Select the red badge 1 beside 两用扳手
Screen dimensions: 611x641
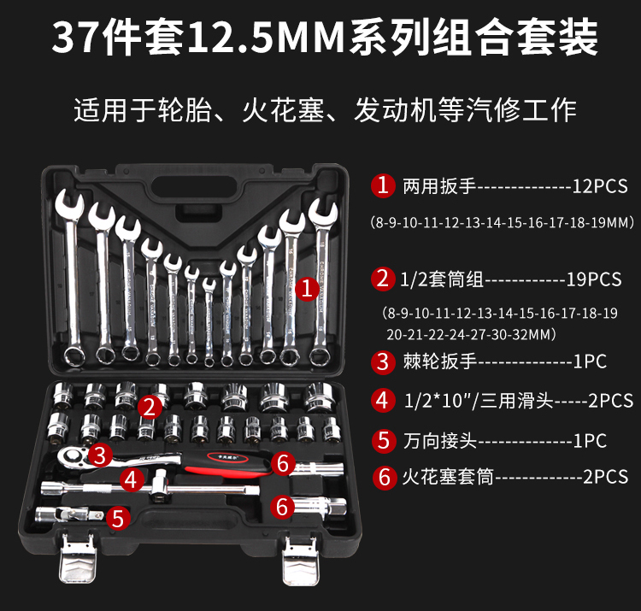pyautogui.click(x=382, y=184)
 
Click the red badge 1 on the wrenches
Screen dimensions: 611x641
pyautogui.click(x=306, y=289)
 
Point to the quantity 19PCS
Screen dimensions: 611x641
pyautogui.click(x=594, y=279)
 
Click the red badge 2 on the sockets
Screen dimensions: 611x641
pyautogui.click(x=150, y=407)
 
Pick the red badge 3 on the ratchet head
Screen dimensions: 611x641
pyautogui.click(x=101, y=455)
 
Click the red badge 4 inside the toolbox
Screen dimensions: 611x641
pyautogui.click(x=130, y=479)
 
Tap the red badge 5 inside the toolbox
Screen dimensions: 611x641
pyautogui.click(x=121, y=516)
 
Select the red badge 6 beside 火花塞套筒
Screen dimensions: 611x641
pyautogui.click(x=382, y=477)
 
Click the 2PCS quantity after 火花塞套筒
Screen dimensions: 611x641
pyautogui.click(x=604, y=477)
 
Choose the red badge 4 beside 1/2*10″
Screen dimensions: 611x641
pyautogui.click(x=382, y=400)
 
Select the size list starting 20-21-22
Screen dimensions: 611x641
pyautogui.click(x=471, y=332)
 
